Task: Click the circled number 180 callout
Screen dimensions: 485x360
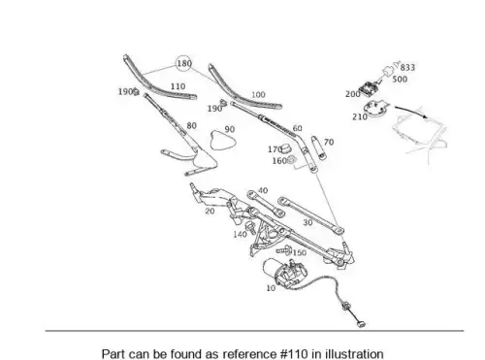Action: point(183,63)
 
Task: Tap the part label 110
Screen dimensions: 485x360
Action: point(178,86)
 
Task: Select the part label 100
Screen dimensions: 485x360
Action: point(258,95)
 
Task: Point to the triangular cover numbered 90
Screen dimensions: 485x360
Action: point(222,141)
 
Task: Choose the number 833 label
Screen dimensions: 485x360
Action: point(407,67)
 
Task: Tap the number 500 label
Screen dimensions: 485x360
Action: point(400,79)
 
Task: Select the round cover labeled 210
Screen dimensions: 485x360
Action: point(375,109)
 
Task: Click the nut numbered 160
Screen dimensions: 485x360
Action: point(291,159)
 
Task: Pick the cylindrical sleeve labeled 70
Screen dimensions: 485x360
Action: point(318,147)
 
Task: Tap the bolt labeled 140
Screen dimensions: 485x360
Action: point(250,228)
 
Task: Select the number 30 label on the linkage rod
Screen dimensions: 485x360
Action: point(307,223)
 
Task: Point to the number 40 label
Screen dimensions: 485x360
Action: point(263,190)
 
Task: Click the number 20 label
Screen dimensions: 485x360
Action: point(210,212)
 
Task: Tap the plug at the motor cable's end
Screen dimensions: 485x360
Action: point(361,323)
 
